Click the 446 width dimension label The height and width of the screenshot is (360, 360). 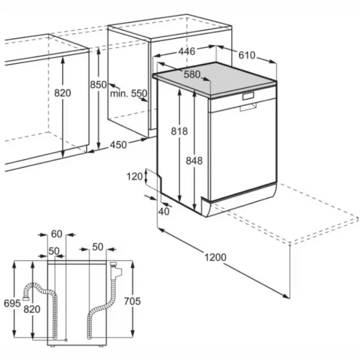[187, 51]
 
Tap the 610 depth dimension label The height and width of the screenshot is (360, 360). [247, 56]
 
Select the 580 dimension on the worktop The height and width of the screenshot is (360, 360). [192, 75]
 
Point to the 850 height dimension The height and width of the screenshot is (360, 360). [98, 85]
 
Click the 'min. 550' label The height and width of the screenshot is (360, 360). [129, 94]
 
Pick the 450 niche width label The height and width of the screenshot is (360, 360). [118, 145]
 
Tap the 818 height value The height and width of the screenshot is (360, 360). [179, 131]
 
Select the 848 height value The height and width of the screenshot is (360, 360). [194, 160]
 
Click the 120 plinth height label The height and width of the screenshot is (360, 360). [135, 176]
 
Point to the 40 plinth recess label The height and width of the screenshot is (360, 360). [164, 211]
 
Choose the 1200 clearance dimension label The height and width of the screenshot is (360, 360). [215, 257]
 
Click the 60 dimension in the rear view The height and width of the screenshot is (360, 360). [57, 234]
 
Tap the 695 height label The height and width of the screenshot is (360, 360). [12, 303]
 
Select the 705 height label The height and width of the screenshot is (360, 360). [132, 301]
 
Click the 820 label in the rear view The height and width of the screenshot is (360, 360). [32, 309]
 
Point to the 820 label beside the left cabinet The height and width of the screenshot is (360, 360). [62, 93]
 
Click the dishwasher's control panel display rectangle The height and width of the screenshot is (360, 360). [248, 96]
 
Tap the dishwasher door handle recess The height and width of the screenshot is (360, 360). [248, 107]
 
